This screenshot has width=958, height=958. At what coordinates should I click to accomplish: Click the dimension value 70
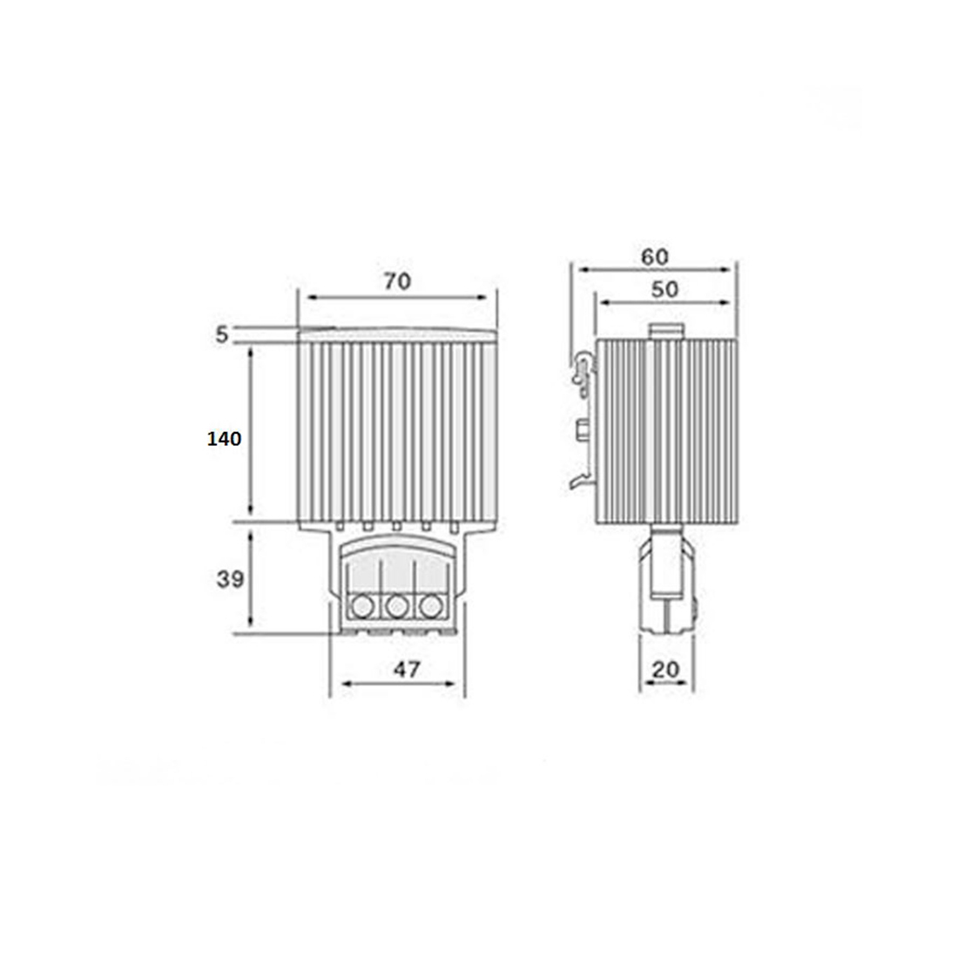[x=396, y=281]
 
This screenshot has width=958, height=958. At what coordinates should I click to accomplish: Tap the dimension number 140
[x=224, y=439]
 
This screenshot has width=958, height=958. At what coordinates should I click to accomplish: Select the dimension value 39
[x=230, y=579]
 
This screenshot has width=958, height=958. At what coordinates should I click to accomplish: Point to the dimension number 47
[x=407, y=669]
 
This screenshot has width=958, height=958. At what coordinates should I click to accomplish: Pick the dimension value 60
[x=655, y=257]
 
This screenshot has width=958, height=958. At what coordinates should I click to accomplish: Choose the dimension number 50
[x=665, y=289]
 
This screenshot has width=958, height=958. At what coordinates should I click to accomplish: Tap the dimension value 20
[x=666, y=669]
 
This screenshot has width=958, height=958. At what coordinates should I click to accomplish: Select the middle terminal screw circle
[x=396, y=605]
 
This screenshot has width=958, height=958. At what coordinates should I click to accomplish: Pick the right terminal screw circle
[x=428, y=605]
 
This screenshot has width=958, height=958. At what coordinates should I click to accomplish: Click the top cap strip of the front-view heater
[x=397, y=334]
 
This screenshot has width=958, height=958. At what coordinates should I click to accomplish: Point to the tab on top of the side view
[x=667, y=331]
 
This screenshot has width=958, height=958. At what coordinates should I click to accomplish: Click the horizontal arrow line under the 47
[x=398, y=685]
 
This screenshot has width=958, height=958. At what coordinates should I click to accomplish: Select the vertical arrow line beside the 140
[x=252, y=432]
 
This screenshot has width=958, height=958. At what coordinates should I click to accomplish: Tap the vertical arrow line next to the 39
[x=252, y=578]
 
